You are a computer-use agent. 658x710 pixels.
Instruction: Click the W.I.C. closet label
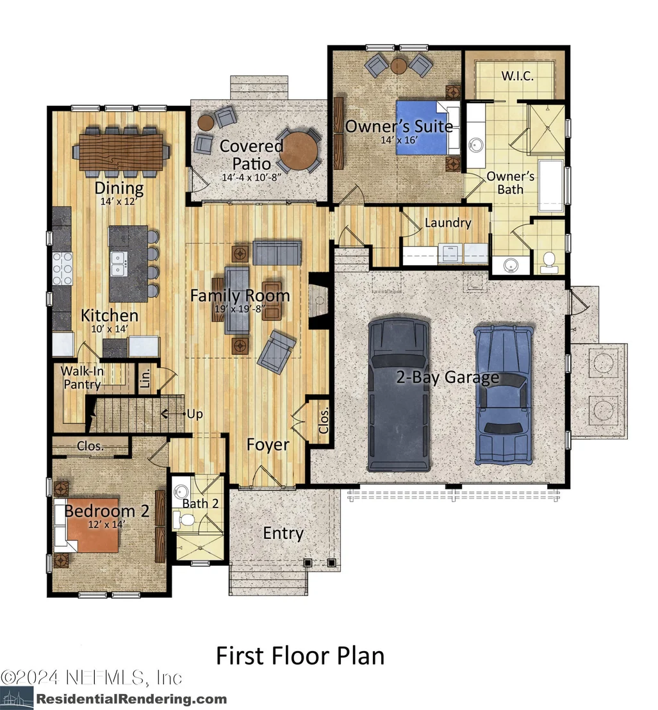[x=517, y=76]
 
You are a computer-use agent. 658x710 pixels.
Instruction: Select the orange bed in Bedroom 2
[x=93, y=525]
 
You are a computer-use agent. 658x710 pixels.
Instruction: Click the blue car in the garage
[x=504, y=395]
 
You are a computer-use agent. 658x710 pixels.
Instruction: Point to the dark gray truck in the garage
[x=399, y=394]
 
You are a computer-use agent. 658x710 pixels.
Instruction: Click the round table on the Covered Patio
[x=299, y=151]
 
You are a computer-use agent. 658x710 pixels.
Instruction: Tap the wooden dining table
[x=121, y=151]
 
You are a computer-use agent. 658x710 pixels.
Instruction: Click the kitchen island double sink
[x=119, y=264]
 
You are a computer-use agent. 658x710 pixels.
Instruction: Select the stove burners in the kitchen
[x=63, y=268]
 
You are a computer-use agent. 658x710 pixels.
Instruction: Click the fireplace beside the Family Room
[x=319, y=300]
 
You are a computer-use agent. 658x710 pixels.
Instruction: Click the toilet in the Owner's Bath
[x=549, y=261]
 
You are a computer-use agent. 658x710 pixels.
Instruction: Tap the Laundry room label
[x=448, y=223]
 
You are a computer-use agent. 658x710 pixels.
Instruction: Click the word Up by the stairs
[x=195, y=415]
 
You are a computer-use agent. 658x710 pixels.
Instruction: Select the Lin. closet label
[x=145, y=379]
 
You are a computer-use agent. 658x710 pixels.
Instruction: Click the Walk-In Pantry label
[x=82, y=377]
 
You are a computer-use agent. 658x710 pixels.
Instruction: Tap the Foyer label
[x=268, y=445]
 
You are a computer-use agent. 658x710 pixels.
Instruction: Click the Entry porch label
[x=283, y=533]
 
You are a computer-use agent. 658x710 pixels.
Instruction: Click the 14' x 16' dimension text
[x=399, y=140]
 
